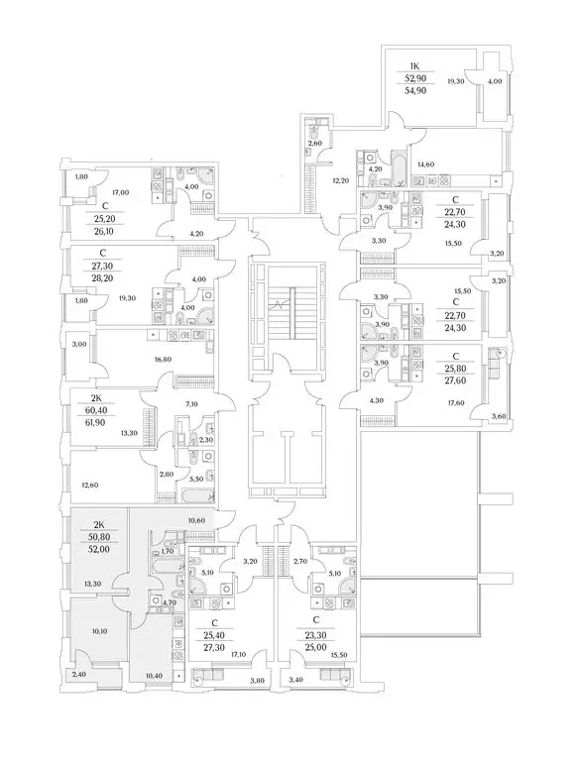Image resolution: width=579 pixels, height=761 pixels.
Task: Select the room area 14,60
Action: tap(427, 164)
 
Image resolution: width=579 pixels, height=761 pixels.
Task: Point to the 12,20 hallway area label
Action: tap(339, 181)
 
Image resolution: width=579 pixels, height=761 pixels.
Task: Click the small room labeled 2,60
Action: tap(314, 145)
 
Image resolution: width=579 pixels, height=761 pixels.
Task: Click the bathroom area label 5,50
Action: tap(196, 479)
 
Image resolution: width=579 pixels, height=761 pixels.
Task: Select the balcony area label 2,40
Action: tap(79, 675)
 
